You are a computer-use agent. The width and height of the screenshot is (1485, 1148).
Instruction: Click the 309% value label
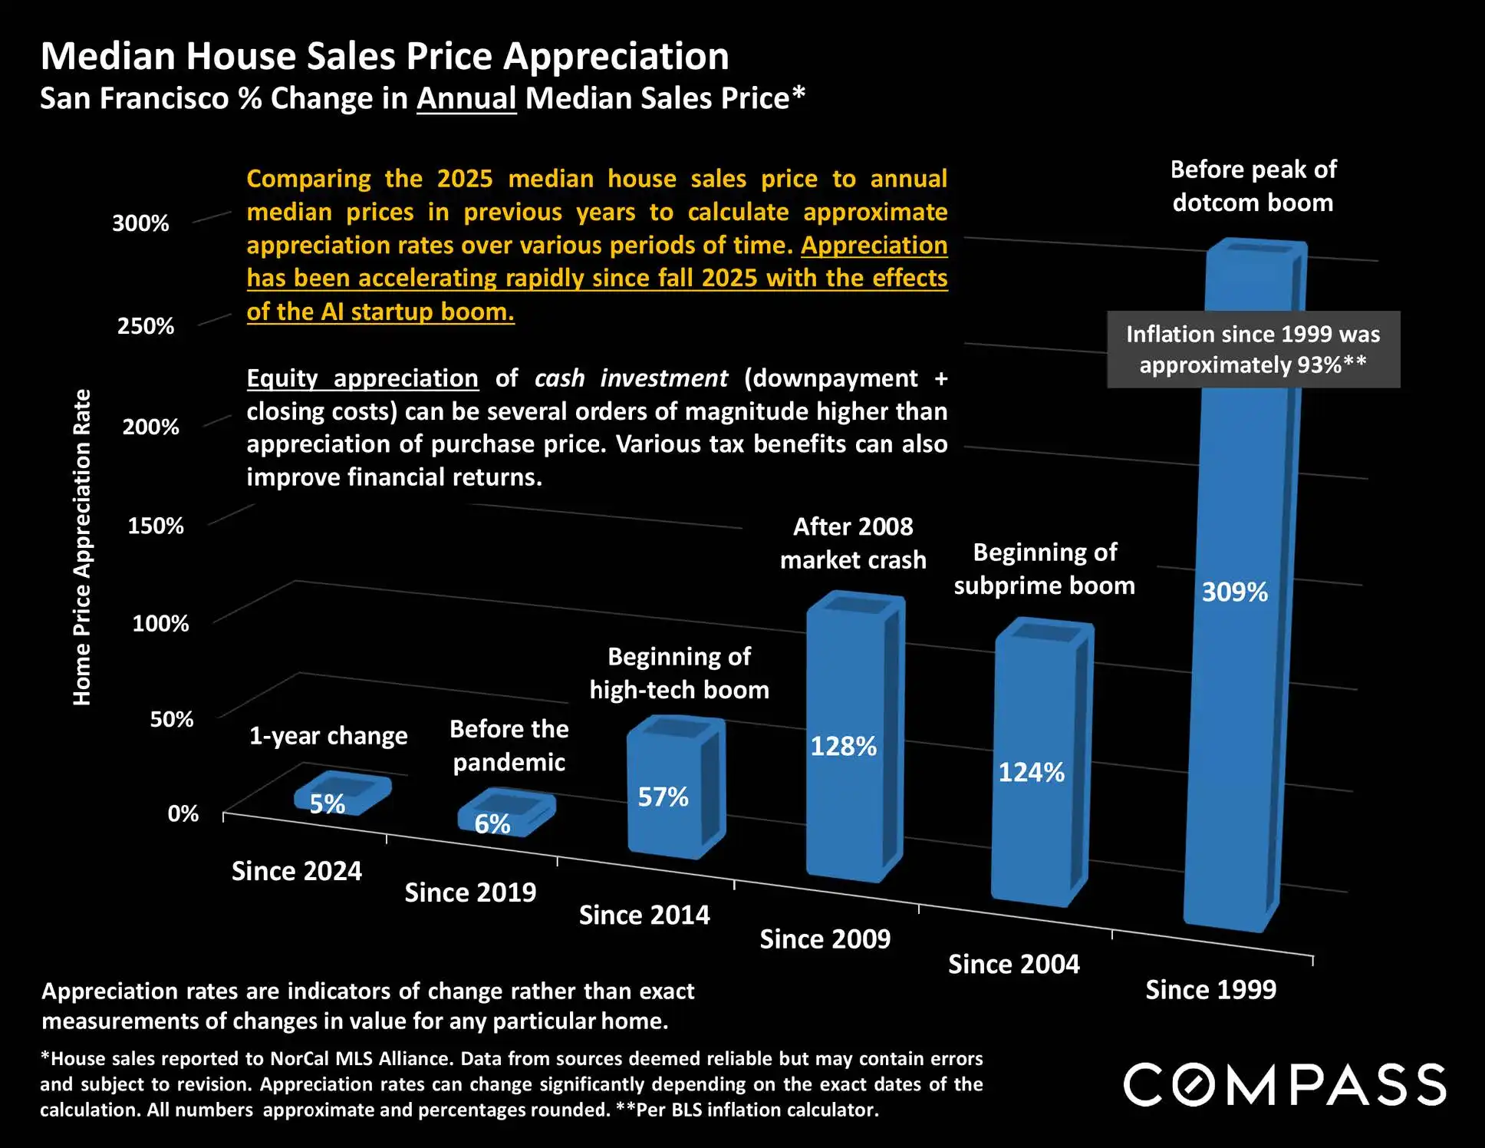(1234, 592)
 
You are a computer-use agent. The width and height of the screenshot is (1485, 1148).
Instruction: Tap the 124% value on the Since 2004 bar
(1031, 773)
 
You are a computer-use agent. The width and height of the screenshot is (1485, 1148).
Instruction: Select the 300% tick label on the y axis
(140, 223)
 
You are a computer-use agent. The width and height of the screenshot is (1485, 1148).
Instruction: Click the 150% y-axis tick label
(156, 526)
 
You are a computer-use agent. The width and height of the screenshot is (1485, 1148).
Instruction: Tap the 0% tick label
(183, 813)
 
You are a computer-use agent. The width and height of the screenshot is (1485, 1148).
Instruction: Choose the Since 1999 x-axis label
(1210, 990)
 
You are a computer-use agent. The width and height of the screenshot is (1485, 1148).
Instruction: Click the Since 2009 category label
(825, 939)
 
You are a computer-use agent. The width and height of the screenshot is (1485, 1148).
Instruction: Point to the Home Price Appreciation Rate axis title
(82, 547)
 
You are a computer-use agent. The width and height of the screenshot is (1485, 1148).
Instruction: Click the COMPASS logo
(1285, 1084)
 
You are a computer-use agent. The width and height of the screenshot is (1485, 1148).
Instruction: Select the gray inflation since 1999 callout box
(1253, 350)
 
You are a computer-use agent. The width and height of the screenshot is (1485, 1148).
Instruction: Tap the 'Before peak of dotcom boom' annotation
(1253, 186)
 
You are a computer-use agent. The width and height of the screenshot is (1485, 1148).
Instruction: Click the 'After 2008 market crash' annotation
(853, 543)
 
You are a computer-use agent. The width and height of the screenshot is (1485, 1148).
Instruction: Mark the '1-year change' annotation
(328, 736)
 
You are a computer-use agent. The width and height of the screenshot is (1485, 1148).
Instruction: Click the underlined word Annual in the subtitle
(466, 99)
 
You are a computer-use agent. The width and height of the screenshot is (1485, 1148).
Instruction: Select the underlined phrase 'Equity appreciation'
(362, 378)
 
